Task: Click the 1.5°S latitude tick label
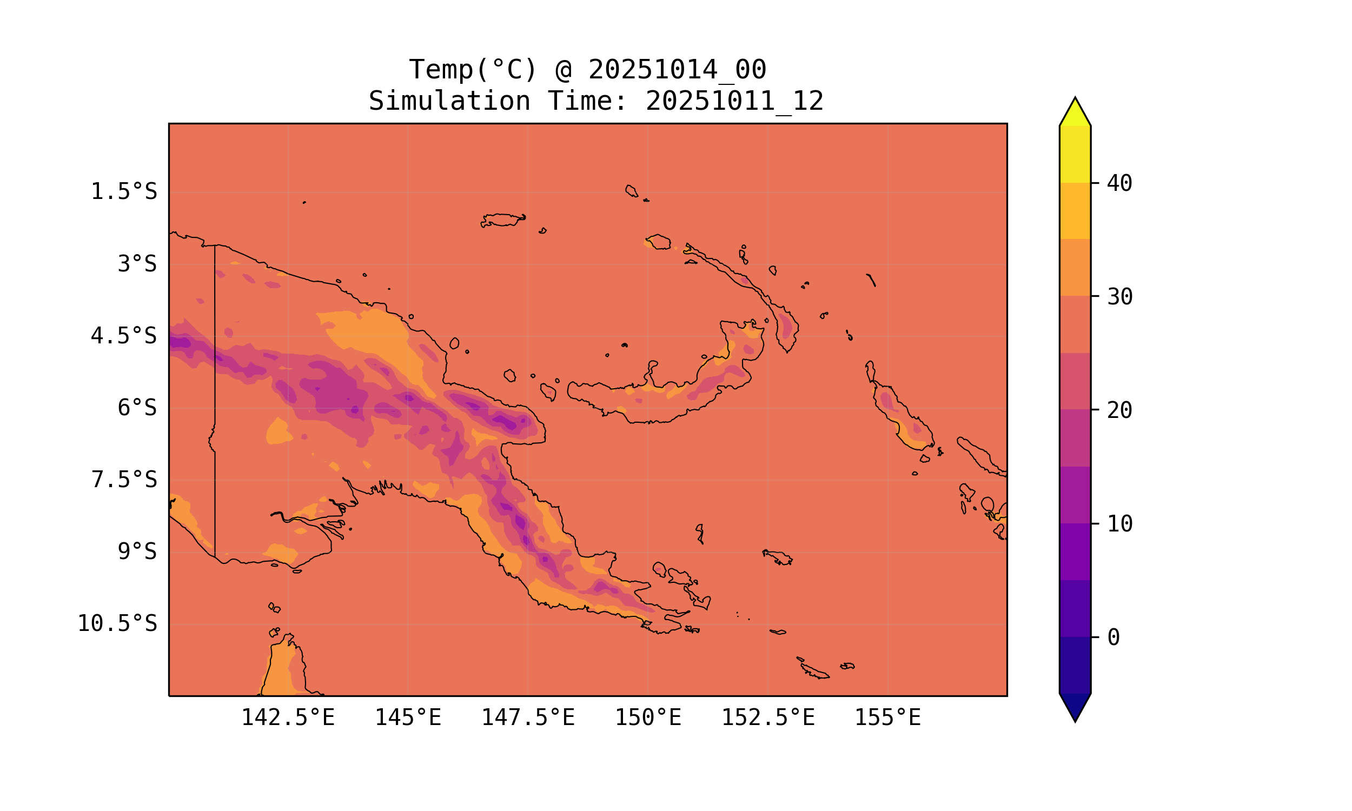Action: (124, 192)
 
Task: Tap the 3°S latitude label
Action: (137, 264)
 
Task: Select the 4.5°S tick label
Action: (124, 336)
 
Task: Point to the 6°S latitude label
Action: (137, 408)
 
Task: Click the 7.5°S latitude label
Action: (124, 480)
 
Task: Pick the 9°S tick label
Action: (137, 552)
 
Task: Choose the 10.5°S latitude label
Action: (117, 623)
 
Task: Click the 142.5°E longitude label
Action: (288, 717)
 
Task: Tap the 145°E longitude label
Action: (408, 717)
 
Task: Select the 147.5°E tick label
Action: (528, 717)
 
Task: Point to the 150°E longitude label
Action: (648, 717)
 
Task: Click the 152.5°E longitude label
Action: (768, 717)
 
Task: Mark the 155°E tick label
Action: (887, 717)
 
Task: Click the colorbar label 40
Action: (1120, 183)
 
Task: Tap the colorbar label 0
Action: (1114, 637)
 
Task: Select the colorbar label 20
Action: (1120, 410)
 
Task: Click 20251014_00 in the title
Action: (677, 70)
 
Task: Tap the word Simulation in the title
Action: (449, 101)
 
